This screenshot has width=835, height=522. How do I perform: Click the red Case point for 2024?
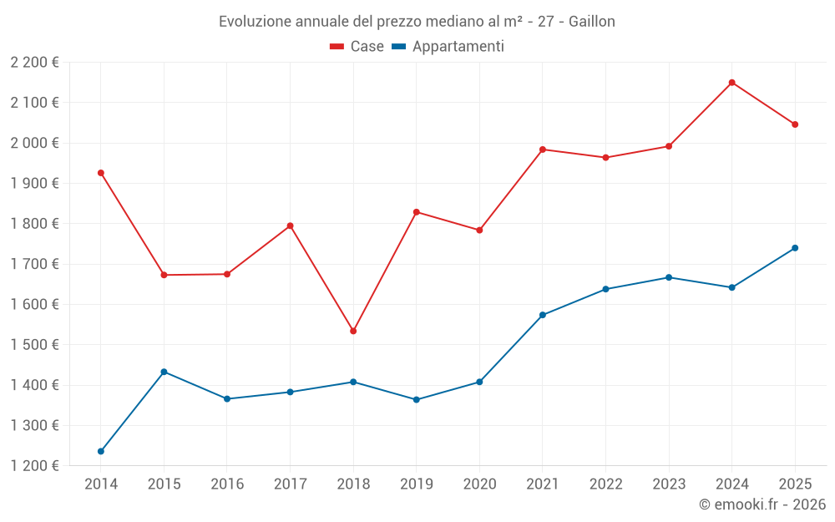(x=731, y=83)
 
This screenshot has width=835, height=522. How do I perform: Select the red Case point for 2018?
(x=353, y=331)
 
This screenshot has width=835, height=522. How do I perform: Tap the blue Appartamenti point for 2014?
(x=101, y=451)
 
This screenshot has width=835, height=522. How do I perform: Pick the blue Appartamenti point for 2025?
(x=795, y=248)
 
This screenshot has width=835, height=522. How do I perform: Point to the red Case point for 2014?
(x=101, y=173)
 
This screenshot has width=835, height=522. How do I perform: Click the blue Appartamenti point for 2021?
(x=543, y=315)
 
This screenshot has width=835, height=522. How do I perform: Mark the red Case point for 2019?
(x=417, y=212)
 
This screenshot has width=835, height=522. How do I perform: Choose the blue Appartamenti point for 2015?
(x=164, y=372)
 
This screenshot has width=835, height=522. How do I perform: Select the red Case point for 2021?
(x=543, y=150)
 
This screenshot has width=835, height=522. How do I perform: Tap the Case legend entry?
(x=357, y=47)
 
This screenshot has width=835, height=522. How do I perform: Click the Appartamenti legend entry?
(x=448, y=47)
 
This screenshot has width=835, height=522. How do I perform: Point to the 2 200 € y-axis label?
(x=34, y=63)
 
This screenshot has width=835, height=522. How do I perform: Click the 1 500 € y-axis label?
(x=34, y=345)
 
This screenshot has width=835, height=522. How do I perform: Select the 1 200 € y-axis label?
(x=34, y=466)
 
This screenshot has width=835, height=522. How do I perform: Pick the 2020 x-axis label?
(x=479, y=484)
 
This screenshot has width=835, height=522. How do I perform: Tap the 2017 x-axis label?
(x=290, y=484)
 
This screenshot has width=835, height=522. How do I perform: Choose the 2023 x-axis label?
(x=669, y=484)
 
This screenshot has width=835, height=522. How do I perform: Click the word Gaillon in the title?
(x=591, y=22)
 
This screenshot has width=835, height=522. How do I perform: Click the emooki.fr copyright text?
(x=762, y=504)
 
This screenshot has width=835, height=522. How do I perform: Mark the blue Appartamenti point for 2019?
(x=417, y=399)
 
